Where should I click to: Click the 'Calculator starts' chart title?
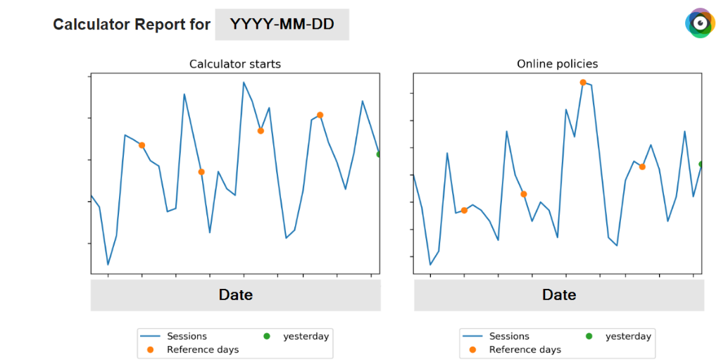(235, 64)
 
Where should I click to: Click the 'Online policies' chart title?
(558, 64)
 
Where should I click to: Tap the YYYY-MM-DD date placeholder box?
(282, 25)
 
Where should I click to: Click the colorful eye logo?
(701, 23)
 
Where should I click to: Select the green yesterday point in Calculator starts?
(378, 154)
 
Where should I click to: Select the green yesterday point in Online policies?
(701, 164)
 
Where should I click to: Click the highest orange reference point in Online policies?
(582, 82)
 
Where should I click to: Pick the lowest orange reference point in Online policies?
(464, 211)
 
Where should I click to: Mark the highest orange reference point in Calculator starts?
(320, 115)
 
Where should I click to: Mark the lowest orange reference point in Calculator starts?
(201, 172)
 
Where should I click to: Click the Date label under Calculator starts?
(235, 294)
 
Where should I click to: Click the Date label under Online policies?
(559, 294)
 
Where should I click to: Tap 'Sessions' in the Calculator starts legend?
(187, 336)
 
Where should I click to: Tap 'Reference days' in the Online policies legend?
(525, 350)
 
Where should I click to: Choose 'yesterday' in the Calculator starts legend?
(306, 337)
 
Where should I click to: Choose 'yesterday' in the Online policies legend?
(628, 337)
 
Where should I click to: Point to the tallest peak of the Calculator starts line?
(244, 82)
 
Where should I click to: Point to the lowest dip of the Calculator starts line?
(108, 265)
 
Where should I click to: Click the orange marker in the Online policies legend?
(472, 350)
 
